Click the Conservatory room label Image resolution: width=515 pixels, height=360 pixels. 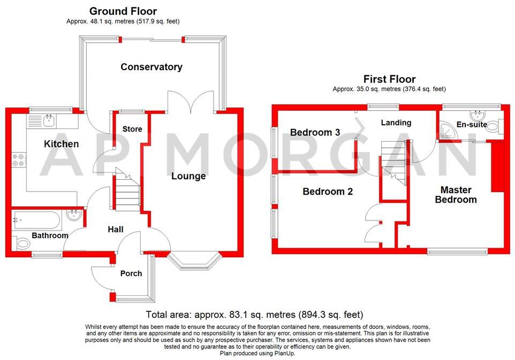(152, 67)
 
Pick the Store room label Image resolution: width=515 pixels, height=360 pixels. (132, 129)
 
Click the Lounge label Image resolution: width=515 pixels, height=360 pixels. (188, 176)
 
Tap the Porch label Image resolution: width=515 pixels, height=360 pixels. (131, 273)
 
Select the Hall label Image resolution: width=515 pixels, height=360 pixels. (116, 229)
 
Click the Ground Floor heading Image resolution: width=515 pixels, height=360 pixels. (123, 11)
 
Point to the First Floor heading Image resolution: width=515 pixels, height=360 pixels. (389, 79)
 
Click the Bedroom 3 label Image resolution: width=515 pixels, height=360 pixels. (315, 132)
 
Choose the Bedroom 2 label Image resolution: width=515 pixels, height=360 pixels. (328, 191)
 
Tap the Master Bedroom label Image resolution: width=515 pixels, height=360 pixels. (456, 195)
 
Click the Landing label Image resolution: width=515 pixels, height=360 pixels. (396, 122)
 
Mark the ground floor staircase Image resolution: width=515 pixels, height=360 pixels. (127, 193)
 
